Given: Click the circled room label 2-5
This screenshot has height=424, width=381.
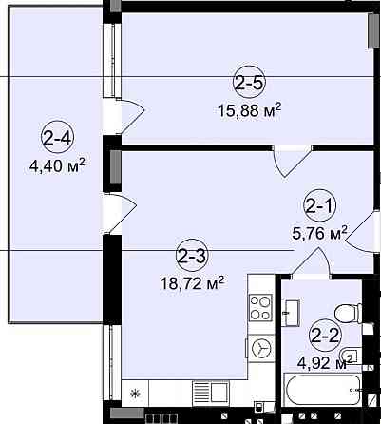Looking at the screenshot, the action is (249, 83).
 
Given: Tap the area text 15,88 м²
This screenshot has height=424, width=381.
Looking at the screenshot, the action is (249, 110).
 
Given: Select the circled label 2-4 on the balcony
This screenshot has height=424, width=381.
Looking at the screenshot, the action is (57, 137).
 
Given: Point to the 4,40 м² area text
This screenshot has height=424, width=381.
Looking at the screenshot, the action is (57, 165).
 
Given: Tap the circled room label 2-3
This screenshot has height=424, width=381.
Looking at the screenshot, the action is (192, 256).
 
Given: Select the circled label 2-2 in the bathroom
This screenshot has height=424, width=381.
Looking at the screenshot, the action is (325, 336).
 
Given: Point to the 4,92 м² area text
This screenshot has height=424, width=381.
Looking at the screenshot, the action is (325, 362).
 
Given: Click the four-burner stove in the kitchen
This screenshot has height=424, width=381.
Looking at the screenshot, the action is (260, 307).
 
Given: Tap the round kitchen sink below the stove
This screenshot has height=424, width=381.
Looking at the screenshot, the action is (261, 349).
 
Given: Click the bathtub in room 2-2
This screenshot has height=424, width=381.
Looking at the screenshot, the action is (323, 390).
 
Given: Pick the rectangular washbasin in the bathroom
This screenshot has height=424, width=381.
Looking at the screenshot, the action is (292, 312).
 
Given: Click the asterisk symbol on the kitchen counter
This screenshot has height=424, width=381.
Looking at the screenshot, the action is (136, 394).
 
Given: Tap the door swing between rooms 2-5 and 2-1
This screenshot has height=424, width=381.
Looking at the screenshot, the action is (291, 162).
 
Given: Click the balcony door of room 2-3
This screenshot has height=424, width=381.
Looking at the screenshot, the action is (122, 212).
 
